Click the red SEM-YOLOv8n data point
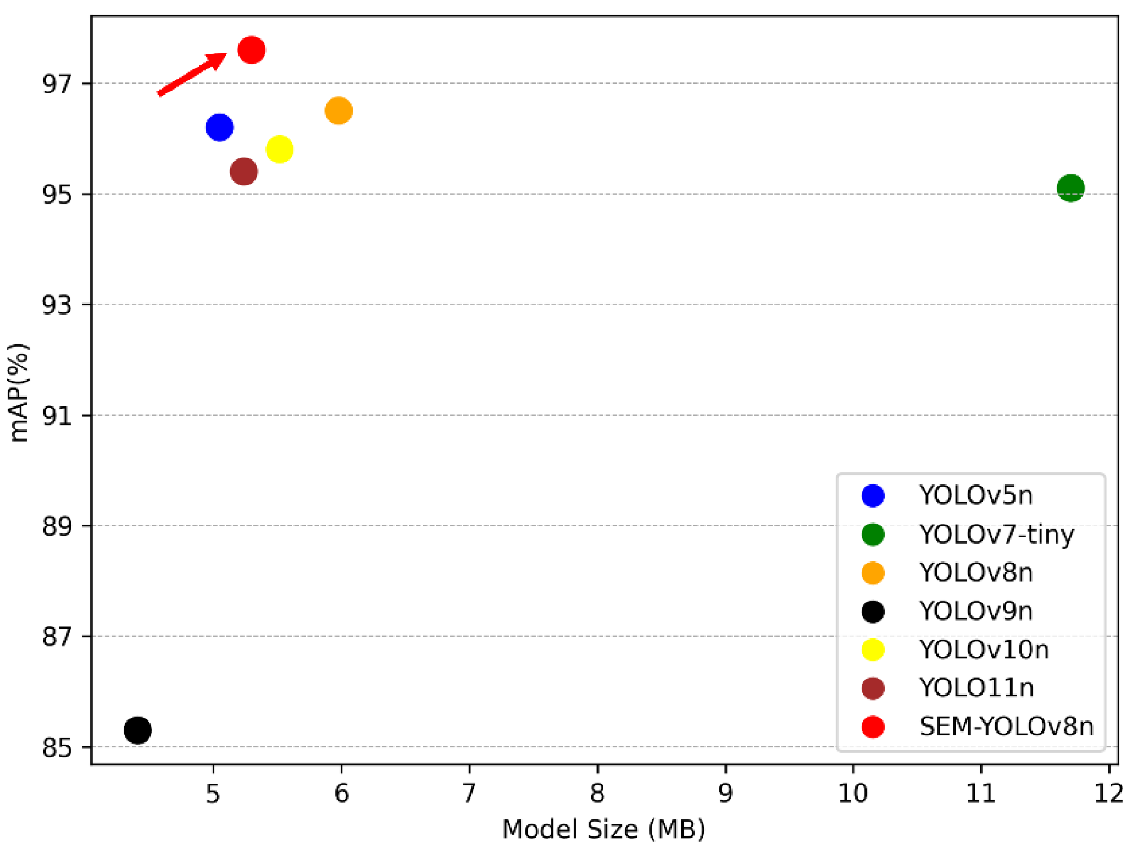pos(252,50)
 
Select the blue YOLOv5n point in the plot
pos(219,127)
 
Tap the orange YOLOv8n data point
pos(339,111)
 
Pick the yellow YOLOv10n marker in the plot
pos(279,150)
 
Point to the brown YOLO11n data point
pos(244,172)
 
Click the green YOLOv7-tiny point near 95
pos(1070,188)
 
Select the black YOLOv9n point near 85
pos(137,730)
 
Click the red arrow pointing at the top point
pos(191,74)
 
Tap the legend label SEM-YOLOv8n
pos(1006,726)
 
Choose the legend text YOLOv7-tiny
pos(996,534)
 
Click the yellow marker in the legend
pos(873,649)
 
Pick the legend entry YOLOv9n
pos(975,611)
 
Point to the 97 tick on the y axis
pos(57,84)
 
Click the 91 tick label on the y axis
pos(57,416)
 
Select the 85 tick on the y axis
pos(57,747)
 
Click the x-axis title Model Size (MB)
pos(603,829)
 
